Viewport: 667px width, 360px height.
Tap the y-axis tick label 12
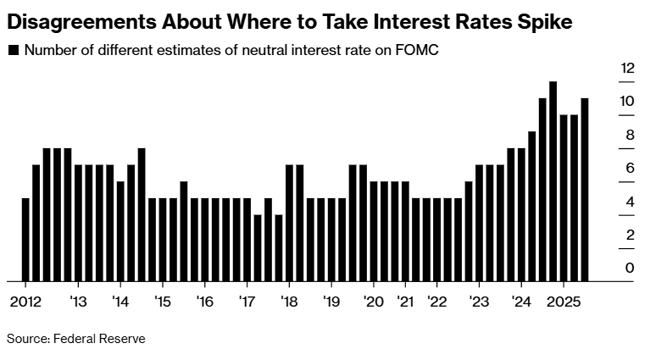pyautogui.click(x=627, y=68)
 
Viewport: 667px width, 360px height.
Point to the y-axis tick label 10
pyautogui.click(x=627, y=101)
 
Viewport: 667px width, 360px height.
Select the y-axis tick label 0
pyautogui.click(x=630, y=268)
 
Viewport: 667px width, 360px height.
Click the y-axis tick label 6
pyautogui.click(x=630, y=168)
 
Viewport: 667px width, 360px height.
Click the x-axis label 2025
pyautogui.click(x=563, y=302)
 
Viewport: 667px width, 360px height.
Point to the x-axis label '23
pyautogui.click(x=479, y=302)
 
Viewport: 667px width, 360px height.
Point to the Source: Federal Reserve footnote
pyautogui.click(x=75, y=339)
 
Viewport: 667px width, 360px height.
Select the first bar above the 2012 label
pyautogui.click(x=25, y=239)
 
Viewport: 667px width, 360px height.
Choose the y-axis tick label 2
pyautogui.click(x=630, y=235)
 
